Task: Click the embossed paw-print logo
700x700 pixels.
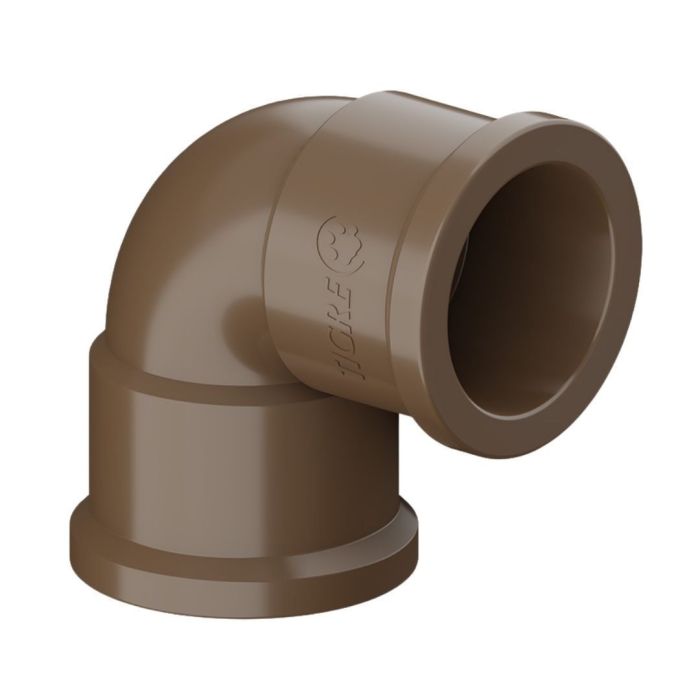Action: pos(344,243)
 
